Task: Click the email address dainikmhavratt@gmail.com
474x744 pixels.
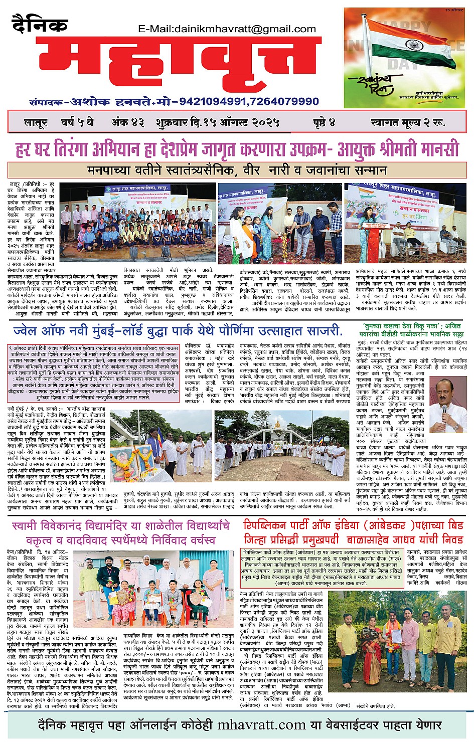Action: tap(227, 29)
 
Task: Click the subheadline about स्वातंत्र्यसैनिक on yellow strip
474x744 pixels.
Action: tap(237, 170)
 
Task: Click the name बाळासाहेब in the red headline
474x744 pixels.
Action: tap(369, 539)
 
